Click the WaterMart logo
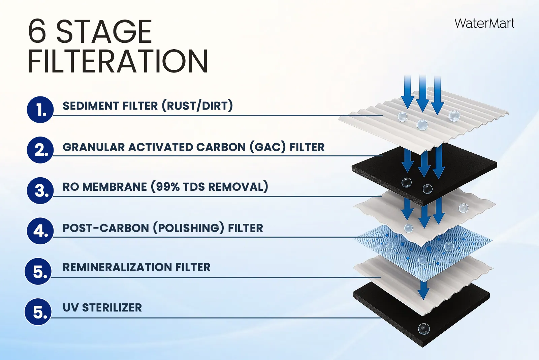(x=484, y=24)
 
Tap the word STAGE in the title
(x=104, y=32)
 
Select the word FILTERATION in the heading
(x=118, y=61)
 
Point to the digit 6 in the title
(x=37, y=32)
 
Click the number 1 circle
(x=40, y=110)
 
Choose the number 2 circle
(x=40, y=150)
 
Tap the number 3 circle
(x=40, y=190)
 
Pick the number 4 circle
(x=40, y=231)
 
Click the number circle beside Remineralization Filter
(x=38, y=271)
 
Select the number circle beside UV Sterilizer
(x=38, y=312)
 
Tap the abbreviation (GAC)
(x=267, y=147)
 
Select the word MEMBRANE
(x=115, y=187)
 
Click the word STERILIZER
(x=112, y=308)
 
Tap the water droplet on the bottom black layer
(x=424, y=329)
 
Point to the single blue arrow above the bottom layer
(x=423, y=290)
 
